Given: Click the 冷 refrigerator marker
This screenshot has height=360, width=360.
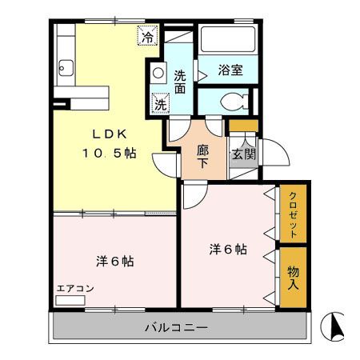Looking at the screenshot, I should coord(148,36).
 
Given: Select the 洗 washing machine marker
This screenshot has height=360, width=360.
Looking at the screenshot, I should coord(160,104).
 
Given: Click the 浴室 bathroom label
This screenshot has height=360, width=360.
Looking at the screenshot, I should coord(230,70).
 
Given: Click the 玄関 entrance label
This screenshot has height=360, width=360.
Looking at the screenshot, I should coord(242,154).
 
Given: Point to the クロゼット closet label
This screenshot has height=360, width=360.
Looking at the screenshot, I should coord(293,214).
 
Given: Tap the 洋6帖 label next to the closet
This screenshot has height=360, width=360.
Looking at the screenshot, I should coord(230,249).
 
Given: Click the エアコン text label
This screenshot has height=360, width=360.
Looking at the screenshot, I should coord(76,288).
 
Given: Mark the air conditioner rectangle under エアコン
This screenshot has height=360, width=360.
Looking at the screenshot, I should coord(70,300).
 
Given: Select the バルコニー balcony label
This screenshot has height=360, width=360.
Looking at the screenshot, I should coord(177,327).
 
